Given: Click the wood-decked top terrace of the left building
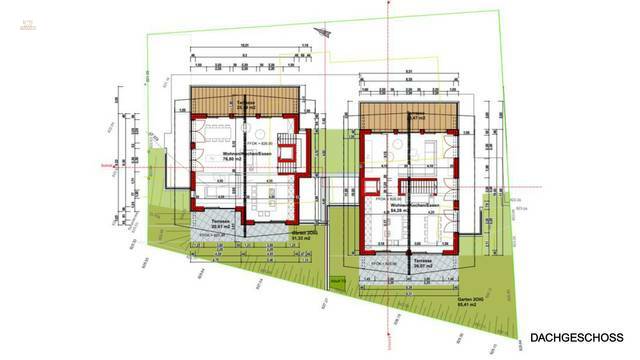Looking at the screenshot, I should (239, 105).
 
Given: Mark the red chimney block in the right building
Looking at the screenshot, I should (371, 187).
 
